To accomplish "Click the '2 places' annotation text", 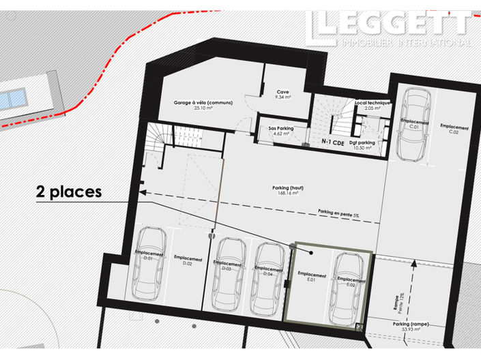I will coord(69,192).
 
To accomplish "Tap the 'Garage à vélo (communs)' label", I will coord(203,104).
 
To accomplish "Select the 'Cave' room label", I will coord(283,94).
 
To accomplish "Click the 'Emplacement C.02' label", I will coord(454,129).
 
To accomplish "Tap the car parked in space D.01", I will coord(150,262).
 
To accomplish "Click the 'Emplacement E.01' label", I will coord(312,277).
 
